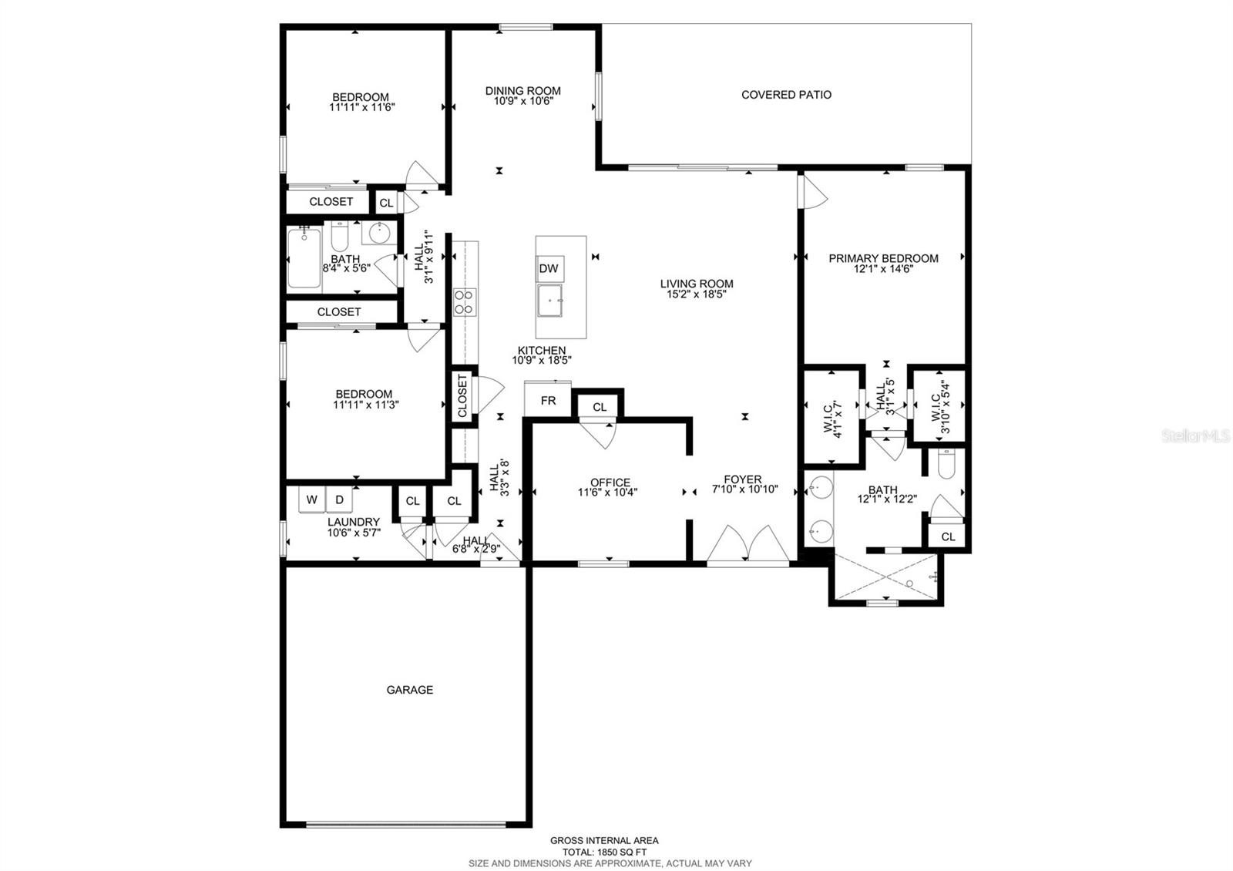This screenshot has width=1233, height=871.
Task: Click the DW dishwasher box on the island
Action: (549, 269)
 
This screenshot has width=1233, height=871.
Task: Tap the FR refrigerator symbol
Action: (548, 401)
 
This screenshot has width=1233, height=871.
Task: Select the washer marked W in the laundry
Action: (312, 499)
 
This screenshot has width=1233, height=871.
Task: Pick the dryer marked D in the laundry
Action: (339, 499)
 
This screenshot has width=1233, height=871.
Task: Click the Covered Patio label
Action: (786, 95)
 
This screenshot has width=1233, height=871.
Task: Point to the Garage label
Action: (409, 690)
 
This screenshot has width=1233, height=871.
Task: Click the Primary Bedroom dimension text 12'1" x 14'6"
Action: (883, 269)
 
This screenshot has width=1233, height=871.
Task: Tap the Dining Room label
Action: (522, 91)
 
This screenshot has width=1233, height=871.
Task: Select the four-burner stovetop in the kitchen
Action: (465, 301)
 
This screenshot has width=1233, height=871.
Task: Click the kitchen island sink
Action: (550, 300)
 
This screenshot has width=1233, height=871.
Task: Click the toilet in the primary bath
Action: (946, 465)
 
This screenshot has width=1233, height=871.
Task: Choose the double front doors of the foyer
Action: (747, 544)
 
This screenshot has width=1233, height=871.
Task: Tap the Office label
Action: (610, 483)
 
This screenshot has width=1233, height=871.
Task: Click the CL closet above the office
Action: (600, 407)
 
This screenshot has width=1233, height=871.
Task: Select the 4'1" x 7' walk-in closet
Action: (832, 417)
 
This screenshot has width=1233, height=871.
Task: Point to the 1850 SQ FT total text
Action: (603, 853)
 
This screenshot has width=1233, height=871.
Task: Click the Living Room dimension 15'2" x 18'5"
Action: (696, 294)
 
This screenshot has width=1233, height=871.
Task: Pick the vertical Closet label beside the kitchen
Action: (462, 396)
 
